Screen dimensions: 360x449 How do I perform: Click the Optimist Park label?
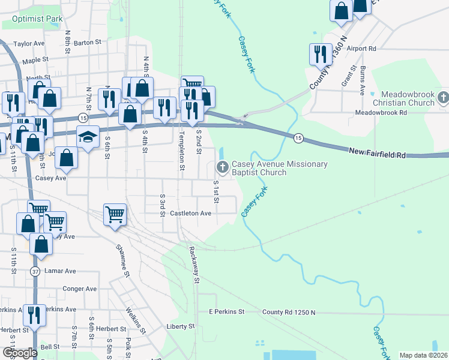33,19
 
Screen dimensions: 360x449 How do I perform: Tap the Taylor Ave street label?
29,44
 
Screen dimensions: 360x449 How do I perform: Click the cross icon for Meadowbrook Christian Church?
443,97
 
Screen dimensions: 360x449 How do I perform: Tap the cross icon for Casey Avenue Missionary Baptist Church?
222,167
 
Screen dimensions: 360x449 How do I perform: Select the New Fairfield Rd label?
378,155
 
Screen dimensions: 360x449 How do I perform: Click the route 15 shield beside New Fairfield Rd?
297,139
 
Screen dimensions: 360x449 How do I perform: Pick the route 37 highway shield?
35,272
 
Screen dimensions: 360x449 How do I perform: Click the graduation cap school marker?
88,138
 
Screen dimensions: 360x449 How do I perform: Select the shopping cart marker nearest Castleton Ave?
115,214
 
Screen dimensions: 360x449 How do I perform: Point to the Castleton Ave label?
191,213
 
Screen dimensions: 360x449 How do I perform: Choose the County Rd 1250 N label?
289,313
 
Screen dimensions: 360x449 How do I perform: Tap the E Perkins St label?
227,312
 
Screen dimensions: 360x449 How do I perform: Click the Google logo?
20,352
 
